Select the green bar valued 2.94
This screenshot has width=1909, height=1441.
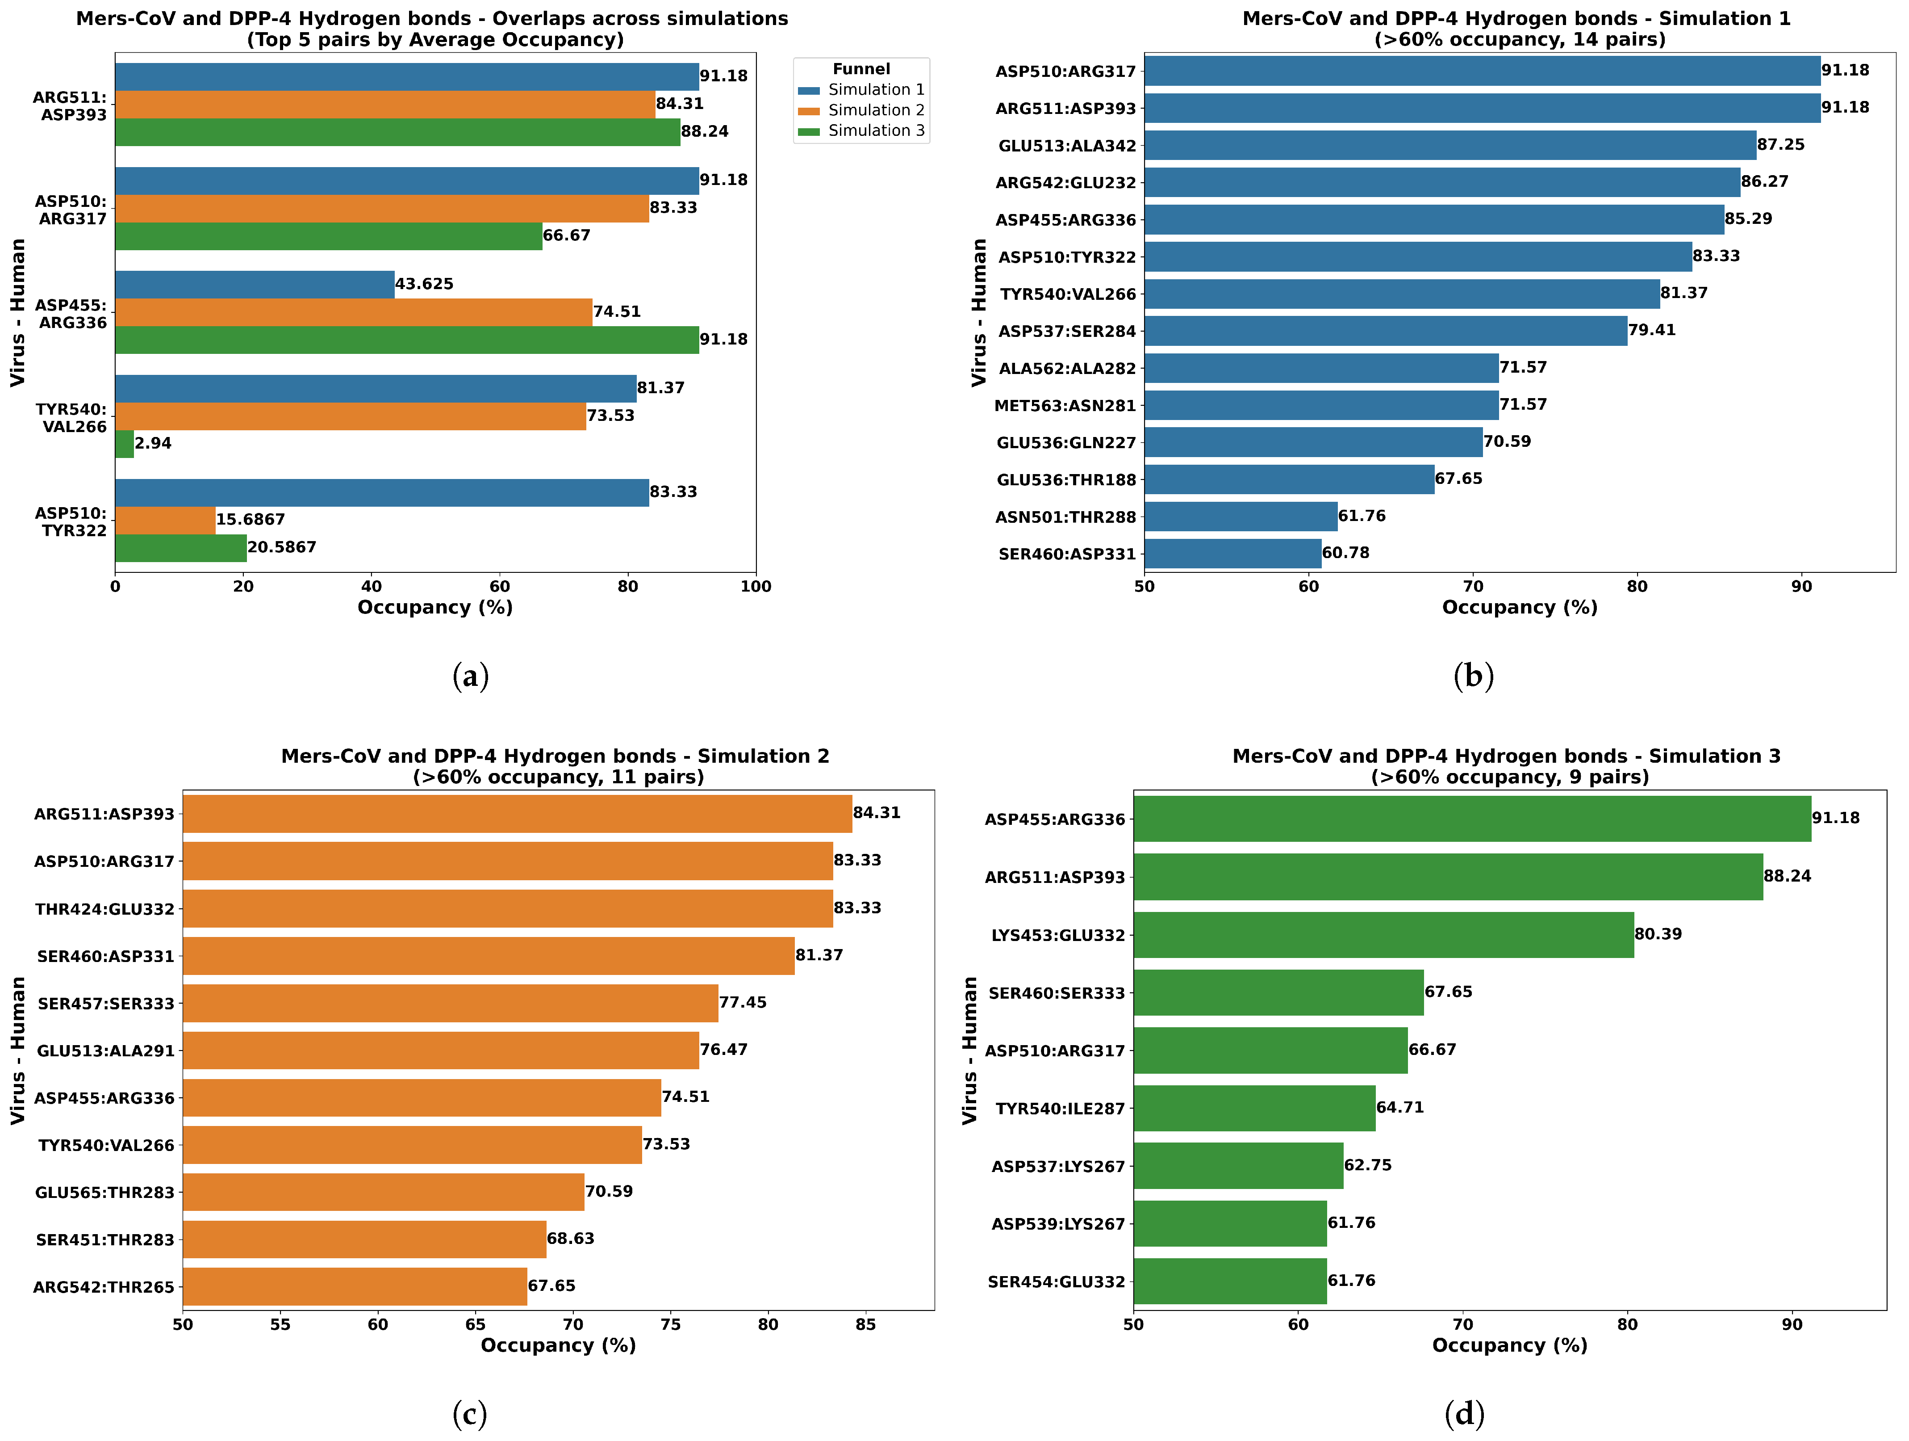tap(124, 444)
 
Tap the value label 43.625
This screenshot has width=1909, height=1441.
tap(424, 284)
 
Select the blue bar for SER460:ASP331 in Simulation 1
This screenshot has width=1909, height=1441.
tap(1232, 554)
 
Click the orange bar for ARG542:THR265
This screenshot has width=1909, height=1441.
tap(355, 1286)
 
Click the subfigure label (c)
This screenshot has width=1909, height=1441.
tap(469, 1413)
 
